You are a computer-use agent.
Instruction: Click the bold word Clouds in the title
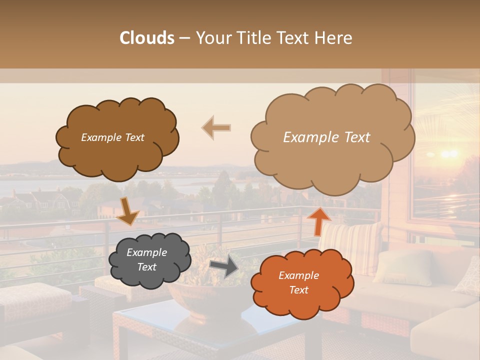tap(147, 38)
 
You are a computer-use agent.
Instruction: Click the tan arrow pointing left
tap(216, 128)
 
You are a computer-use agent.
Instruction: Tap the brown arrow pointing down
tap(127, 210)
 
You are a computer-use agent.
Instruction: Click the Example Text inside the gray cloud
tap(147, 260)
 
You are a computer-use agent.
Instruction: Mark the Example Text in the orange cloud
tap(299, 282)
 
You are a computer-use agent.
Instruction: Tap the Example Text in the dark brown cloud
tap(113, 137)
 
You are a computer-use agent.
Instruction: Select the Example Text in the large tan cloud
tap(327, 137)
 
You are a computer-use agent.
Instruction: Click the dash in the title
tap(184, 38)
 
